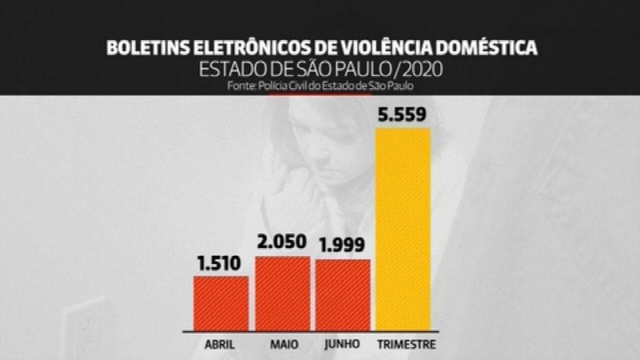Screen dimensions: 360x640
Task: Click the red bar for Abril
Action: coord(221,303)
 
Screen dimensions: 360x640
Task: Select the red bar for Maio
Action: coord(283,293)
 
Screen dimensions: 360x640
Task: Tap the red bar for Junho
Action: coord(343,295)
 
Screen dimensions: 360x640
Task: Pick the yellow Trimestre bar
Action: coord(404,229)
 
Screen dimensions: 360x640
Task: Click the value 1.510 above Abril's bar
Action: coord(220,264)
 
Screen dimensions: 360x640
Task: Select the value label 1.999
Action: coord(342,246)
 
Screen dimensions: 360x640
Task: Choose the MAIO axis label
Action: coord(284,345)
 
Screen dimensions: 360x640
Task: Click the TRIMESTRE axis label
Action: coord(406,345)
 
